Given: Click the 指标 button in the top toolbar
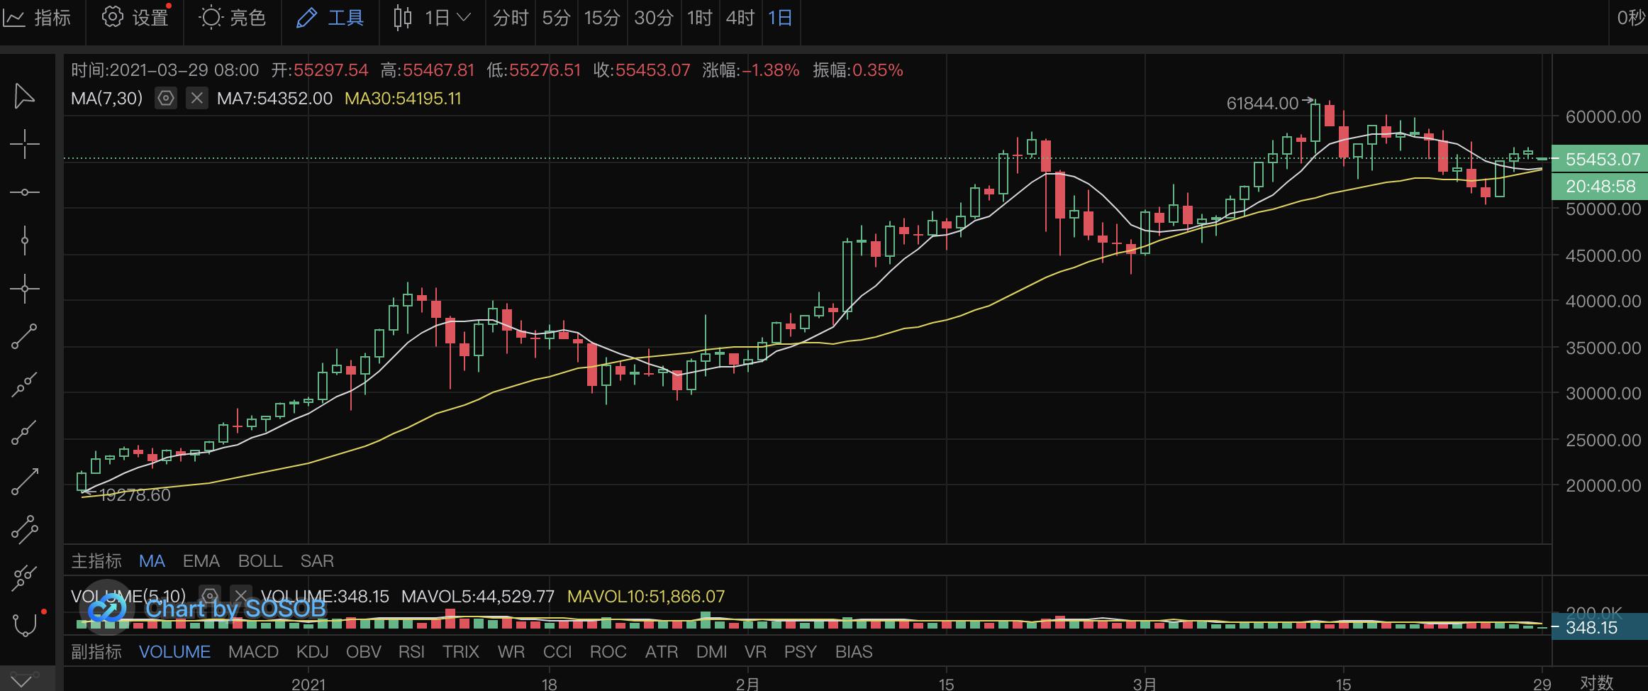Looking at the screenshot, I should tap(39, 18).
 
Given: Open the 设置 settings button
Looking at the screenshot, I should tap(135, 18).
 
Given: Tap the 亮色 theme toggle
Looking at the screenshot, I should tap(233, 18).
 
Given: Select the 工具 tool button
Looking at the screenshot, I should tap(330, 18).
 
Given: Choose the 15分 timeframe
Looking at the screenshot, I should tap(602, 18).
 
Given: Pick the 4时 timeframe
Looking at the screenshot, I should tap(740, 18).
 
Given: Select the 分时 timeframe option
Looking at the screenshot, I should tap(511, 18).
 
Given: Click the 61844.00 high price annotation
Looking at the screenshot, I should tap(1262, 104).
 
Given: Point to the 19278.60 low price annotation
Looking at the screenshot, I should tap(135, 495).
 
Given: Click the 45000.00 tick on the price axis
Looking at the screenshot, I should tap(1603, 255).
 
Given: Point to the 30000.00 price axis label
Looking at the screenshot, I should tap(1603, 393).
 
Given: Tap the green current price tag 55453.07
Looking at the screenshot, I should tap(1601, 160).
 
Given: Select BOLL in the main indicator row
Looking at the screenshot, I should tap(260, 561).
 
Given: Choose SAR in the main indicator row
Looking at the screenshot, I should tap(317, 561).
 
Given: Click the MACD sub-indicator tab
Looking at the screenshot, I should tap(253, 652).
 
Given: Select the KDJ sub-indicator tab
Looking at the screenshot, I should tap(312, 652).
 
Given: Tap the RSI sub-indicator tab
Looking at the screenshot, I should tap(411, 652).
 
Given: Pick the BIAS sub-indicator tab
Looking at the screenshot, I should tap(854, 652).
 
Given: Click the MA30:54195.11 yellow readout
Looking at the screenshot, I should tap(403, 99).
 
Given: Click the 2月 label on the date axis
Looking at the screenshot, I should tap(747, 683).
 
